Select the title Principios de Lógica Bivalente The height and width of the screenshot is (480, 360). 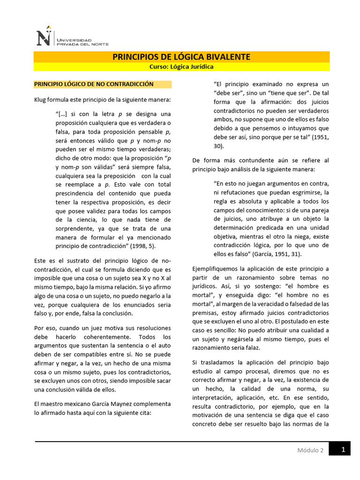pyautogui.click(x=181, y=57)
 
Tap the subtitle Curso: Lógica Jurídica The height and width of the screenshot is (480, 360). pyautogui.click(x=181, y=67)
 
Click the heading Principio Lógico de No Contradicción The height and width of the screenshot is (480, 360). pyautogui.click(x=94, y=84)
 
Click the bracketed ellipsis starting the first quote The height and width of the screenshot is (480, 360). pyautogui.click(x=62, y=114)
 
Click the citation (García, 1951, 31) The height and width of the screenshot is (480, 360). pyautogui.click(x=277, y=254)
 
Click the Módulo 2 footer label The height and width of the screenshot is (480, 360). pyautogui.click(x=310, y=450)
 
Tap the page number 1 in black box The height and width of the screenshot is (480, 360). pyautogui.click(x=343, y=450)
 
